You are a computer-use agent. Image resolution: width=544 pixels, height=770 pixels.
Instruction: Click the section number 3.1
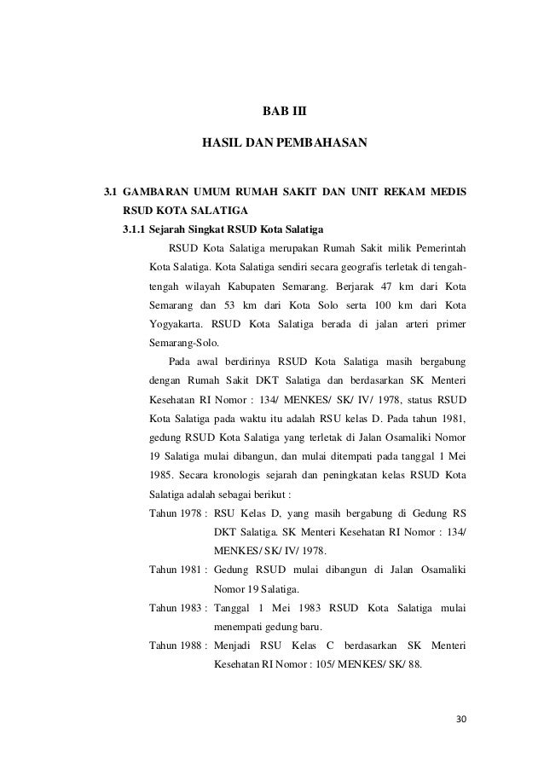pyautogui.click(x=109, y=193)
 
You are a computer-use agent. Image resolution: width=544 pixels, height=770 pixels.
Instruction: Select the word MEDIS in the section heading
pyautogui.click(x=447, y=193)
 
